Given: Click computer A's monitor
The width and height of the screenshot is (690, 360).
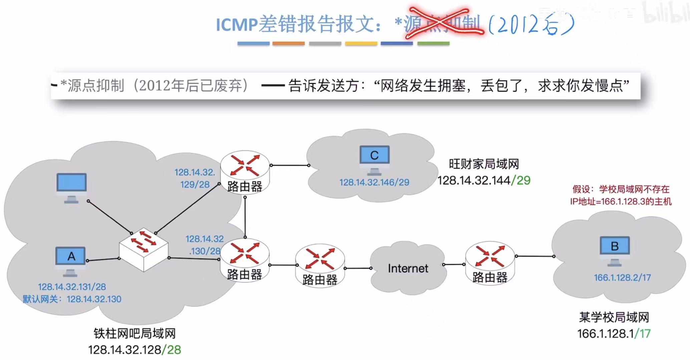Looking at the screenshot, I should (x=70, y=256).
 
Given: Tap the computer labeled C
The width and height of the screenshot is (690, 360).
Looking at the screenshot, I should (x=374, y=155).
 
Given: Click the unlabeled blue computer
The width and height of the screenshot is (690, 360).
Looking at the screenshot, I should (x=71, y=183).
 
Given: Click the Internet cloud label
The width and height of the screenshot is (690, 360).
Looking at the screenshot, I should (x=408, y=268).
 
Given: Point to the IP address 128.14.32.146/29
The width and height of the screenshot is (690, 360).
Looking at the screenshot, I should (x=374, y=182).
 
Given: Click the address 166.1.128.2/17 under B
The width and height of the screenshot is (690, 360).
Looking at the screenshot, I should (x=622, y=277).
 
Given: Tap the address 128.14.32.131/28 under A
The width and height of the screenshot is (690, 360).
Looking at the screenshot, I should (x=72, y=287).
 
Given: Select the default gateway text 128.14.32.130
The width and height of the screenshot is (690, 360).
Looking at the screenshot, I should (x=94, y=299).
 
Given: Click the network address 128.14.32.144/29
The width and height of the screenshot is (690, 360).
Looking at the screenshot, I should (x=483, y=181).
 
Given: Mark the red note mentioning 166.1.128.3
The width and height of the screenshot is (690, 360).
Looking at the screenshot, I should (x=621, y=196).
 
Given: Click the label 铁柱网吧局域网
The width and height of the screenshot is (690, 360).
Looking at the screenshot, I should (x=134, y=333).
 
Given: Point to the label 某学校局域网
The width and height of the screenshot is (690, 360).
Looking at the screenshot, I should (x=614, y=317).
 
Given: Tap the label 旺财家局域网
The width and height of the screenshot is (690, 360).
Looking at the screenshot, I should (x=483, y=164).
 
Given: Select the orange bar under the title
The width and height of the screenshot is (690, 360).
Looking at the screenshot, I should (x=288, y=43).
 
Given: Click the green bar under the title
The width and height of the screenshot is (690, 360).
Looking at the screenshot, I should (x=433, y=43).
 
